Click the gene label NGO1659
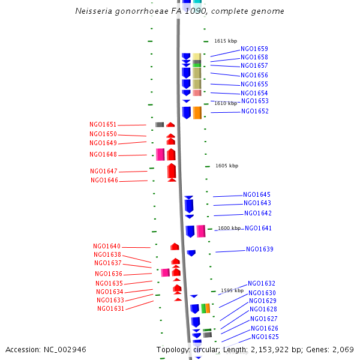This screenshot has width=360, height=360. pyautogui.click(x=254, y=49)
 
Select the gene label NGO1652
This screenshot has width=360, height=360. pyautogui.click(x=255, y=112)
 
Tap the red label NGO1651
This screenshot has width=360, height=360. pyautogui.click(x=103, y=125)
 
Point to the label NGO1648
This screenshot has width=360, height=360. pyautogui.click(x=103, y=155)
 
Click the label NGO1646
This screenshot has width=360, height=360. pyautogui.click(x=104, y=181)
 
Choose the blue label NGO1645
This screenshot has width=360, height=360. pyautogui.click(x=257, y=195)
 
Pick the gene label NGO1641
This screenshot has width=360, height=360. pyautogui.click(x=259, y=229)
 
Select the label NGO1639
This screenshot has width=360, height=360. pyautogui.click(x=260, y=250)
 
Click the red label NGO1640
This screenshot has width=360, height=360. pyautogui.click(x=107, y=247)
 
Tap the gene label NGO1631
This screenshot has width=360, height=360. pyautogui.click(x=111, y=309)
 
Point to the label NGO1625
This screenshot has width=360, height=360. pyautogui.click(x=265, y=337)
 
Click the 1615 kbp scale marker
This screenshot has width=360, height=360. pyautogui.click(x=226, y=41)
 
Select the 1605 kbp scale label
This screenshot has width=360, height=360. pyautogui.click(x=227, y=166)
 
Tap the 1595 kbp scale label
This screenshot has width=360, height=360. pyautogui.click(x=232, y=290)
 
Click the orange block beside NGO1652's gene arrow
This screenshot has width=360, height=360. pyautogui.click(x=197, y=113)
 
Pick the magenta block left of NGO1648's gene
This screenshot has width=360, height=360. pyautogui.click(x=160, y=154)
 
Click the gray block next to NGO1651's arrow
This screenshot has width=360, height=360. pyautogui.click(x=160, y=125)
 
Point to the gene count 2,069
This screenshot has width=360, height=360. pyautogui.click(x=343, y=349)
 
